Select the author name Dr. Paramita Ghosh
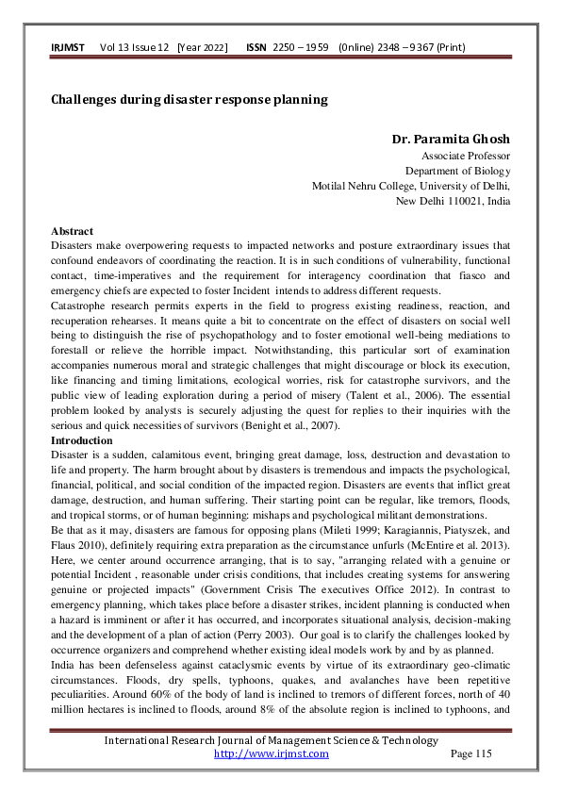451,140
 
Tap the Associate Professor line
465,156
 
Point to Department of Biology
457,171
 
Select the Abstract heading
72,231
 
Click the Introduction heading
81,440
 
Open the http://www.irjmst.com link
272,753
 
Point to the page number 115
482,753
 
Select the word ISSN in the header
256,46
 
